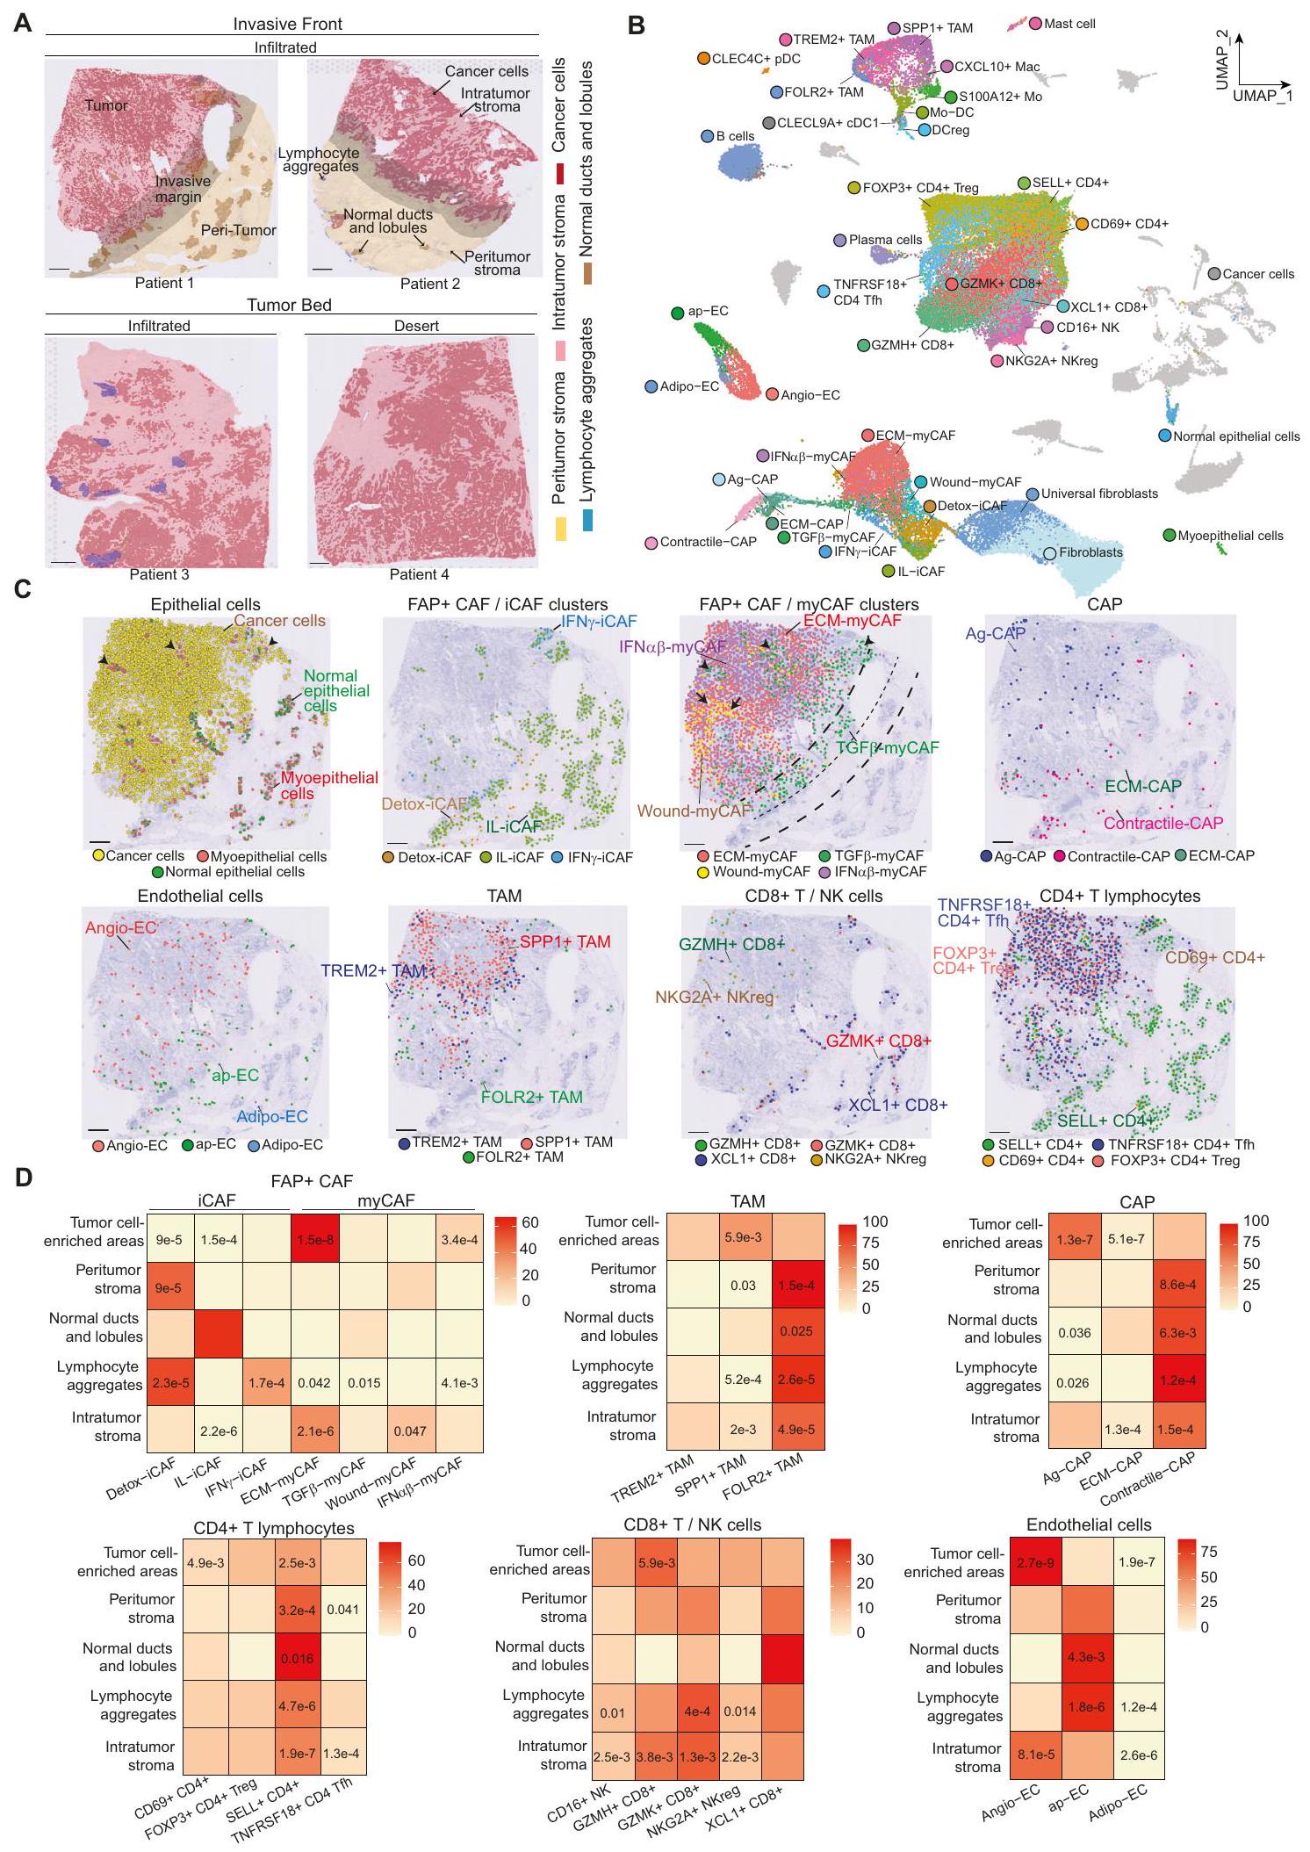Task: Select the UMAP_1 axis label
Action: (1262, 95)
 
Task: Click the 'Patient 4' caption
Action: (419, 574)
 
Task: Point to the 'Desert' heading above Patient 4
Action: (416, 326)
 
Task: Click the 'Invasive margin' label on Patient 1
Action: (183, 189)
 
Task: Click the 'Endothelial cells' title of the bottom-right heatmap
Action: (1089, 1524)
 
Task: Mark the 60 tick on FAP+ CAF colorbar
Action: (529, 1222)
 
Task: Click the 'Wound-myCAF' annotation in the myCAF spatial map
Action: (694, 811)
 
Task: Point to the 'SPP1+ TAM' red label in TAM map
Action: (565, 942)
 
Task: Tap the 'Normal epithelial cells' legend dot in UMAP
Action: (1164, 436)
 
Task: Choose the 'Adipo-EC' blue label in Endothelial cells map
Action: (272, 1116)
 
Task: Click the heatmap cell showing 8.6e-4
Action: (1178, 1285)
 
